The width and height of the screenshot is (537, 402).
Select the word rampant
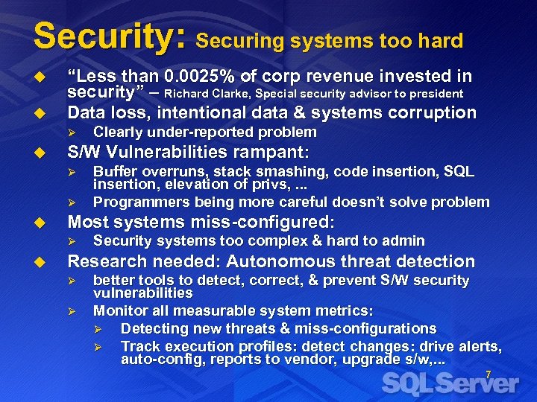click(270, 153)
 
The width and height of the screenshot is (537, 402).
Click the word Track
click(139, 346)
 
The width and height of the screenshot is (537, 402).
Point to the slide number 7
click(489, 374)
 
